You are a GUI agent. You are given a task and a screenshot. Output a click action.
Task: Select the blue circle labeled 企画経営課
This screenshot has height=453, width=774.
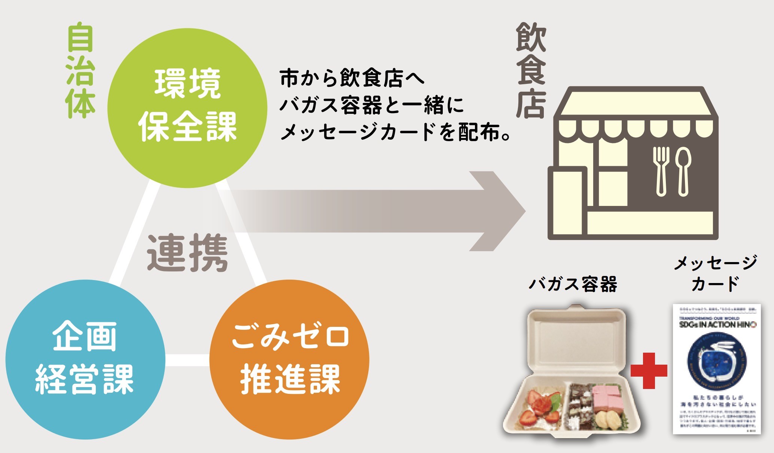coord(85,359)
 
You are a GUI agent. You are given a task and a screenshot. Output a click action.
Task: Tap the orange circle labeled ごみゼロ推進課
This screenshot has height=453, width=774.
coord(289,359)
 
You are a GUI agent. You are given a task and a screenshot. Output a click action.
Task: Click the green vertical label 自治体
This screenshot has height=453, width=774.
coord(80,71)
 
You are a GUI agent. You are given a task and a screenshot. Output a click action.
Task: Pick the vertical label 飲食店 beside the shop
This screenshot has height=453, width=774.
coord(531,71)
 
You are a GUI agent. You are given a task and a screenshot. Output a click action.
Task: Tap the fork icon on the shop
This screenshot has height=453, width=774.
coord(661,170)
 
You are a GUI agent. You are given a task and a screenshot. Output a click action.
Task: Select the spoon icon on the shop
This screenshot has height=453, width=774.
coord(683,170)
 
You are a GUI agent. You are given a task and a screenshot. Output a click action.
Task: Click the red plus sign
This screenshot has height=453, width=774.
coord(649,371)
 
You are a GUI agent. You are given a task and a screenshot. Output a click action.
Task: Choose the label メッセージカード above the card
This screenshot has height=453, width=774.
coord(715,273)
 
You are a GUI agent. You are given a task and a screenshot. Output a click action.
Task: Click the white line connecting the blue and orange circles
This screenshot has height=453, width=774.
coord(187,360)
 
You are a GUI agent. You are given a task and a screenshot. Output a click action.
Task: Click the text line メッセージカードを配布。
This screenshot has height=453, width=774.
coord(395,132)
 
